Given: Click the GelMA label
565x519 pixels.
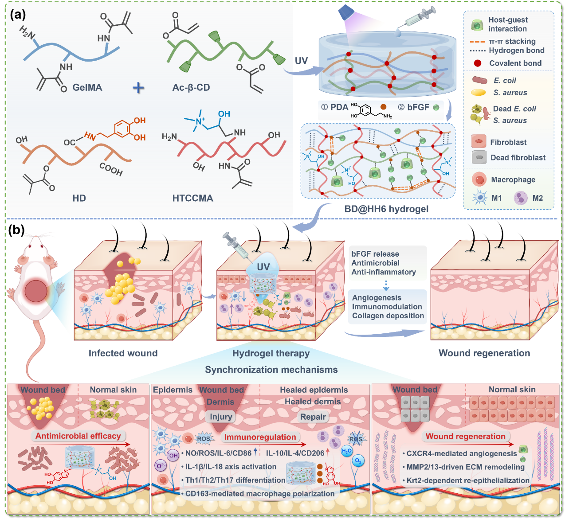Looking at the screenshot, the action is coord(87,87).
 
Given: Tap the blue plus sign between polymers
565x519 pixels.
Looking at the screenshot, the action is coord(138,88).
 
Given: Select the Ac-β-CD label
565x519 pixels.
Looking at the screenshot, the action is coord(191,88).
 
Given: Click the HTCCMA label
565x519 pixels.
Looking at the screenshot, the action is coord(192,198).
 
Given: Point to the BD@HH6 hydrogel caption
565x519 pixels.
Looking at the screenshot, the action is coord(386,209).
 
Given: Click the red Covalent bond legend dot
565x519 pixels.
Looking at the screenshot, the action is coord(477,63).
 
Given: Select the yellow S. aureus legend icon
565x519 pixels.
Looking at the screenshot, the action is coord(478,92).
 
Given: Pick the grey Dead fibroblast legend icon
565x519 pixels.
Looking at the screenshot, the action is coord(479,157).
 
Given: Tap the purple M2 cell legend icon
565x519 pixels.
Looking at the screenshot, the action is coord(521,198).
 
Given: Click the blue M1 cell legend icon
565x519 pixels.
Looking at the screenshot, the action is coord(480,198).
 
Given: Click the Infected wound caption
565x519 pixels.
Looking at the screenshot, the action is coord(123,353).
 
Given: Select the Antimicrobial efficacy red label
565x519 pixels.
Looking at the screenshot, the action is coord(78,436).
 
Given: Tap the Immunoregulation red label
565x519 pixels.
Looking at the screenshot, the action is coord(260,437).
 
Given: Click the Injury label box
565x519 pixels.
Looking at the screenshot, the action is coord(221,417).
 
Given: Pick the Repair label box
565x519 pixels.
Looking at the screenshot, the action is coord(313,417).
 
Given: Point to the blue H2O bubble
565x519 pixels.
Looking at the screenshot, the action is coord(346,451).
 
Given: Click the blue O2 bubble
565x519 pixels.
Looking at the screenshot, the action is coord(358,461).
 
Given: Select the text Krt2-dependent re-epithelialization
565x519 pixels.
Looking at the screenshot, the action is coord(468,480).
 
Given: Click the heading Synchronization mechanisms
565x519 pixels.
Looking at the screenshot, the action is coord(271,370).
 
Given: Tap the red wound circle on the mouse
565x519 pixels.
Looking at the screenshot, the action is coord(36,291).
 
